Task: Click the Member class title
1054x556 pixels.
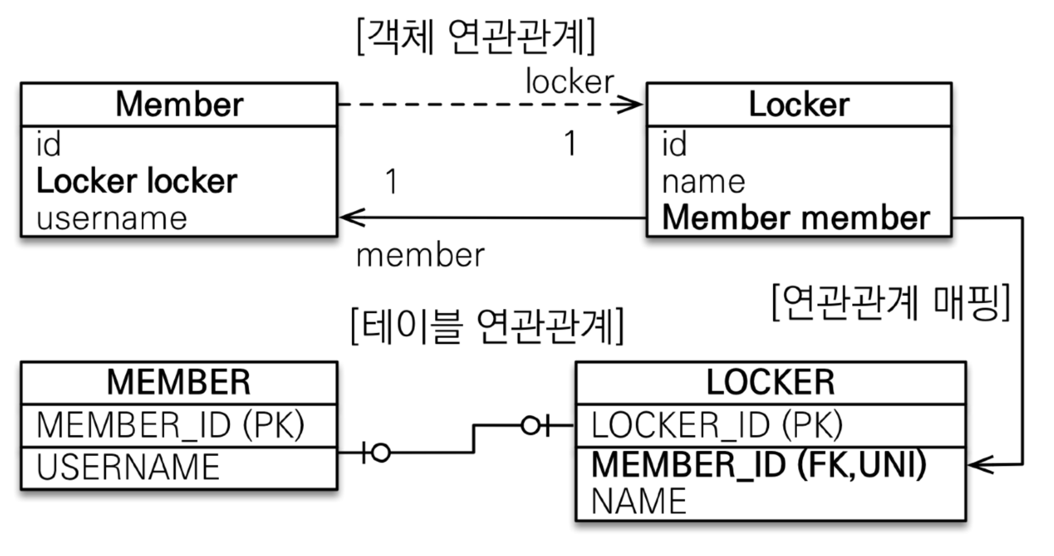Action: click(x=179, y=104)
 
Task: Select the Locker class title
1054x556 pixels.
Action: click(x=799, y=104)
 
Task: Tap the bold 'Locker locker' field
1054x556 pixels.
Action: click(x=136, y=182)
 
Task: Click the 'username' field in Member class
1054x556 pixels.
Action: click(x=112, y=219)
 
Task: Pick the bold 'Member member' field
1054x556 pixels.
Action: click(x=796, y=217)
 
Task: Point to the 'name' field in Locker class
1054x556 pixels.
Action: click(x=704, y=182)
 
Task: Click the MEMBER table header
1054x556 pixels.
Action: click(x=179, y=382)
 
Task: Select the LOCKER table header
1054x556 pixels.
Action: click(x=770, y=382)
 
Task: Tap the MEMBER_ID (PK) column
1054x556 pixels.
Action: click(x=170, y=425)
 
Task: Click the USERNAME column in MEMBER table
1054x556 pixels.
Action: click(x=128, y=467)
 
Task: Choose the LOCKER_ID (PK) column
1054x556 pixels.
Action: click(x=717, y=425)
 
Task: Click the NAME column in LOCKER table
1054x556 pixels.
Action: click(x=639, y=501)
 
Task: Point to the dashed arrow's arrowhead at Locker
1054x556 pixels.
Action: click(x=632, y=104)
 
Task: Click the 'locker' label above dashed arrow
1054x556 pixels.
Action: click(x=570, y=82)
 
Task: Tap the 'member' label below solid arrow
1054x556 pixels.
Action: click(x=420, y=256)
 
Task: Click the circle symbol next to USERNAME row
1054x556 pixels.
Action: click(x=380, y=452)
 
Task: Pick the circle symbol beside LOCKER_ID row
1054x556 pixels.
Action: click(x=530, y=425)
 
